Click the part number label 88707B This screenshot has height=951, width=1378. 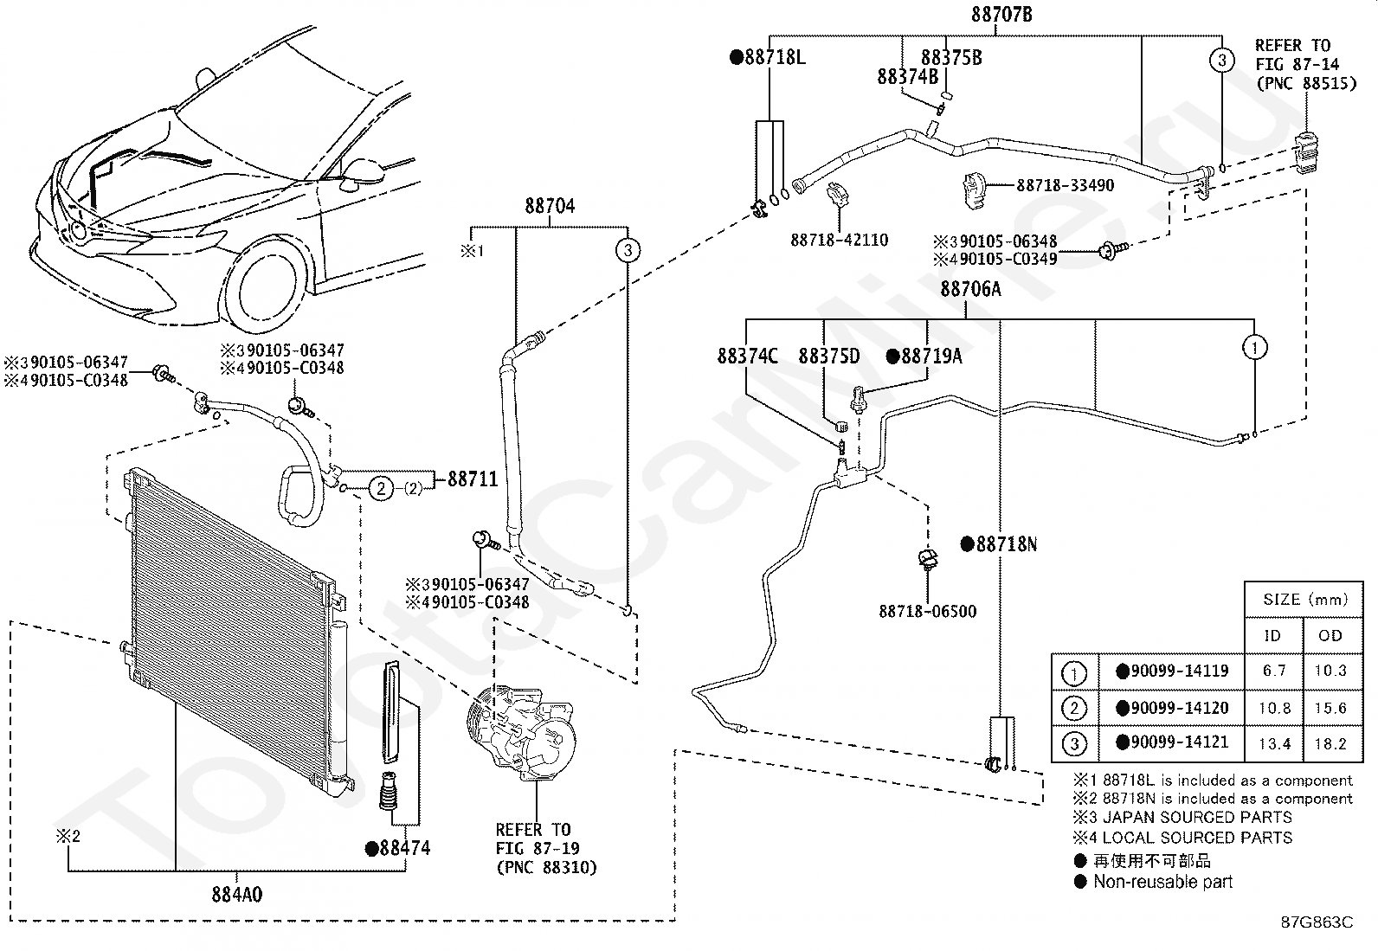1001,14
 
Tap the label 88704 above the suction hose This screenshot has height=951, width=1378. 550,205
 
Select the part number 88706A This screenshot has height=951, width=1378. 971,288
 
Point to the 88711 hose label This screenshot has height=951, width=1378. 473,479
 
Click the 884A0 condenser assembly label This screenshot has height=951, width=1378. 237,895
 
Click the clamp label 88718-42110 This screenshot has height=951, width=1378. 839,240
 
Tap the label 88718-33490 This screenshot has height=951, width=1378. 1065,185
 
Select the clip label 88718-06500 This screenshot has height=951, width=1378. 928,612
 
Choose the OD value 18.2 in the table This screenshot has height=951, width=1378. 1330,743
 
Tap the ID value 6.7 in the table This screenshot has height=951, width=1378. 1274,671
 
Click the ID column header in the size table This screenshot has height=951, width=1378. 1272,635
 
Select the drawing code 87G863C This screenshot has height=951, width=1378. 1317,922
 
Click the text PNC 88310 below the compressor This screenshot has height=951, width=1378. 547,867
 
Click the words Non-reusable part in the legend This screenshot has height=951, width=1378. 1162,882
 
